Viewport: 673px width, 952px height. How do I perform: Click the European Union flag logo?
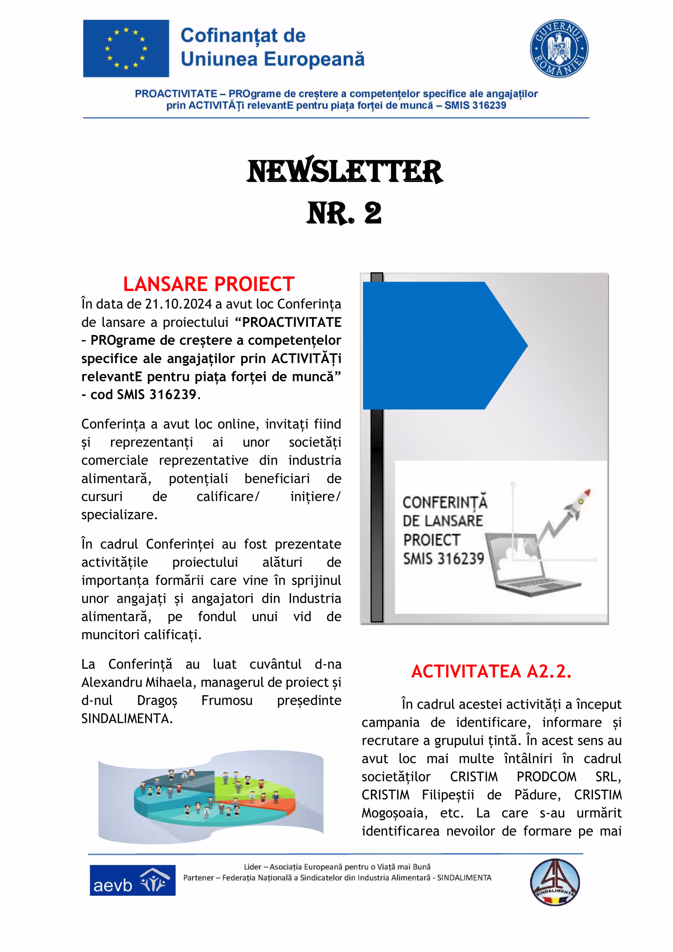click(126, 48)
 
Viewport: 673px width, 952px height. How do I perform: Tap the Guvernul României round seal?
click(559, 48)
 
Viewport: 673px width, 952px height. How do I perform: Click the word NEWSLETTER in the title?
click(344, 171)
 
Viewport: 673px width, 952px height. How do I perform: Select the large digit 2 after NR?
click(373, 213)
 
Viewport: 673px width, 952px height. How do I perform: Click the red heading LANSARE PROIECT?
click(208, 285)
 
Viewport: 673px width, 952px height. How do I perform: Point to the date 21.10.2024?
click(178, 304)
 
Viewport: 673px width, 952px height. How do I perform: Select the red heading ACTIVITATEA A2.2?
click(491, 671)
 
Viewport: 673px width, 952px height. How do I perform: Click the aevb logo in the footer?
click(132, 880)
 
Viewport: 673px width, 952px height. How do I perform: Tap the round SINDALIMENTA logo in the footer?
click(555, 882)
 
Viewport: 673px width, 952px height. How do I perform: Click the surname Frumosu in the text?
click(227, 700)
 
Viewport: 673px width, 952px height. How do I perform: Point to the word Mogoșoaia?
click(395, 813)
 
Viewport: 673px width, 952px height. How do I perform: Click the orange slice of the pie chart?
click(273, 806)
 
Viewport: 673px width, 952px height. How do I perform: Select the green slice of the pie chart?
click(253, 783)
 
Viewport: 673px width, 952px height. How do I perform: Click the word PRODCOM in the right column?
click(546, 777)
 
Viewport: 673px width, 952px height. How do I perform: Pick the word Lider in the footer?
click(252, 867)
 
